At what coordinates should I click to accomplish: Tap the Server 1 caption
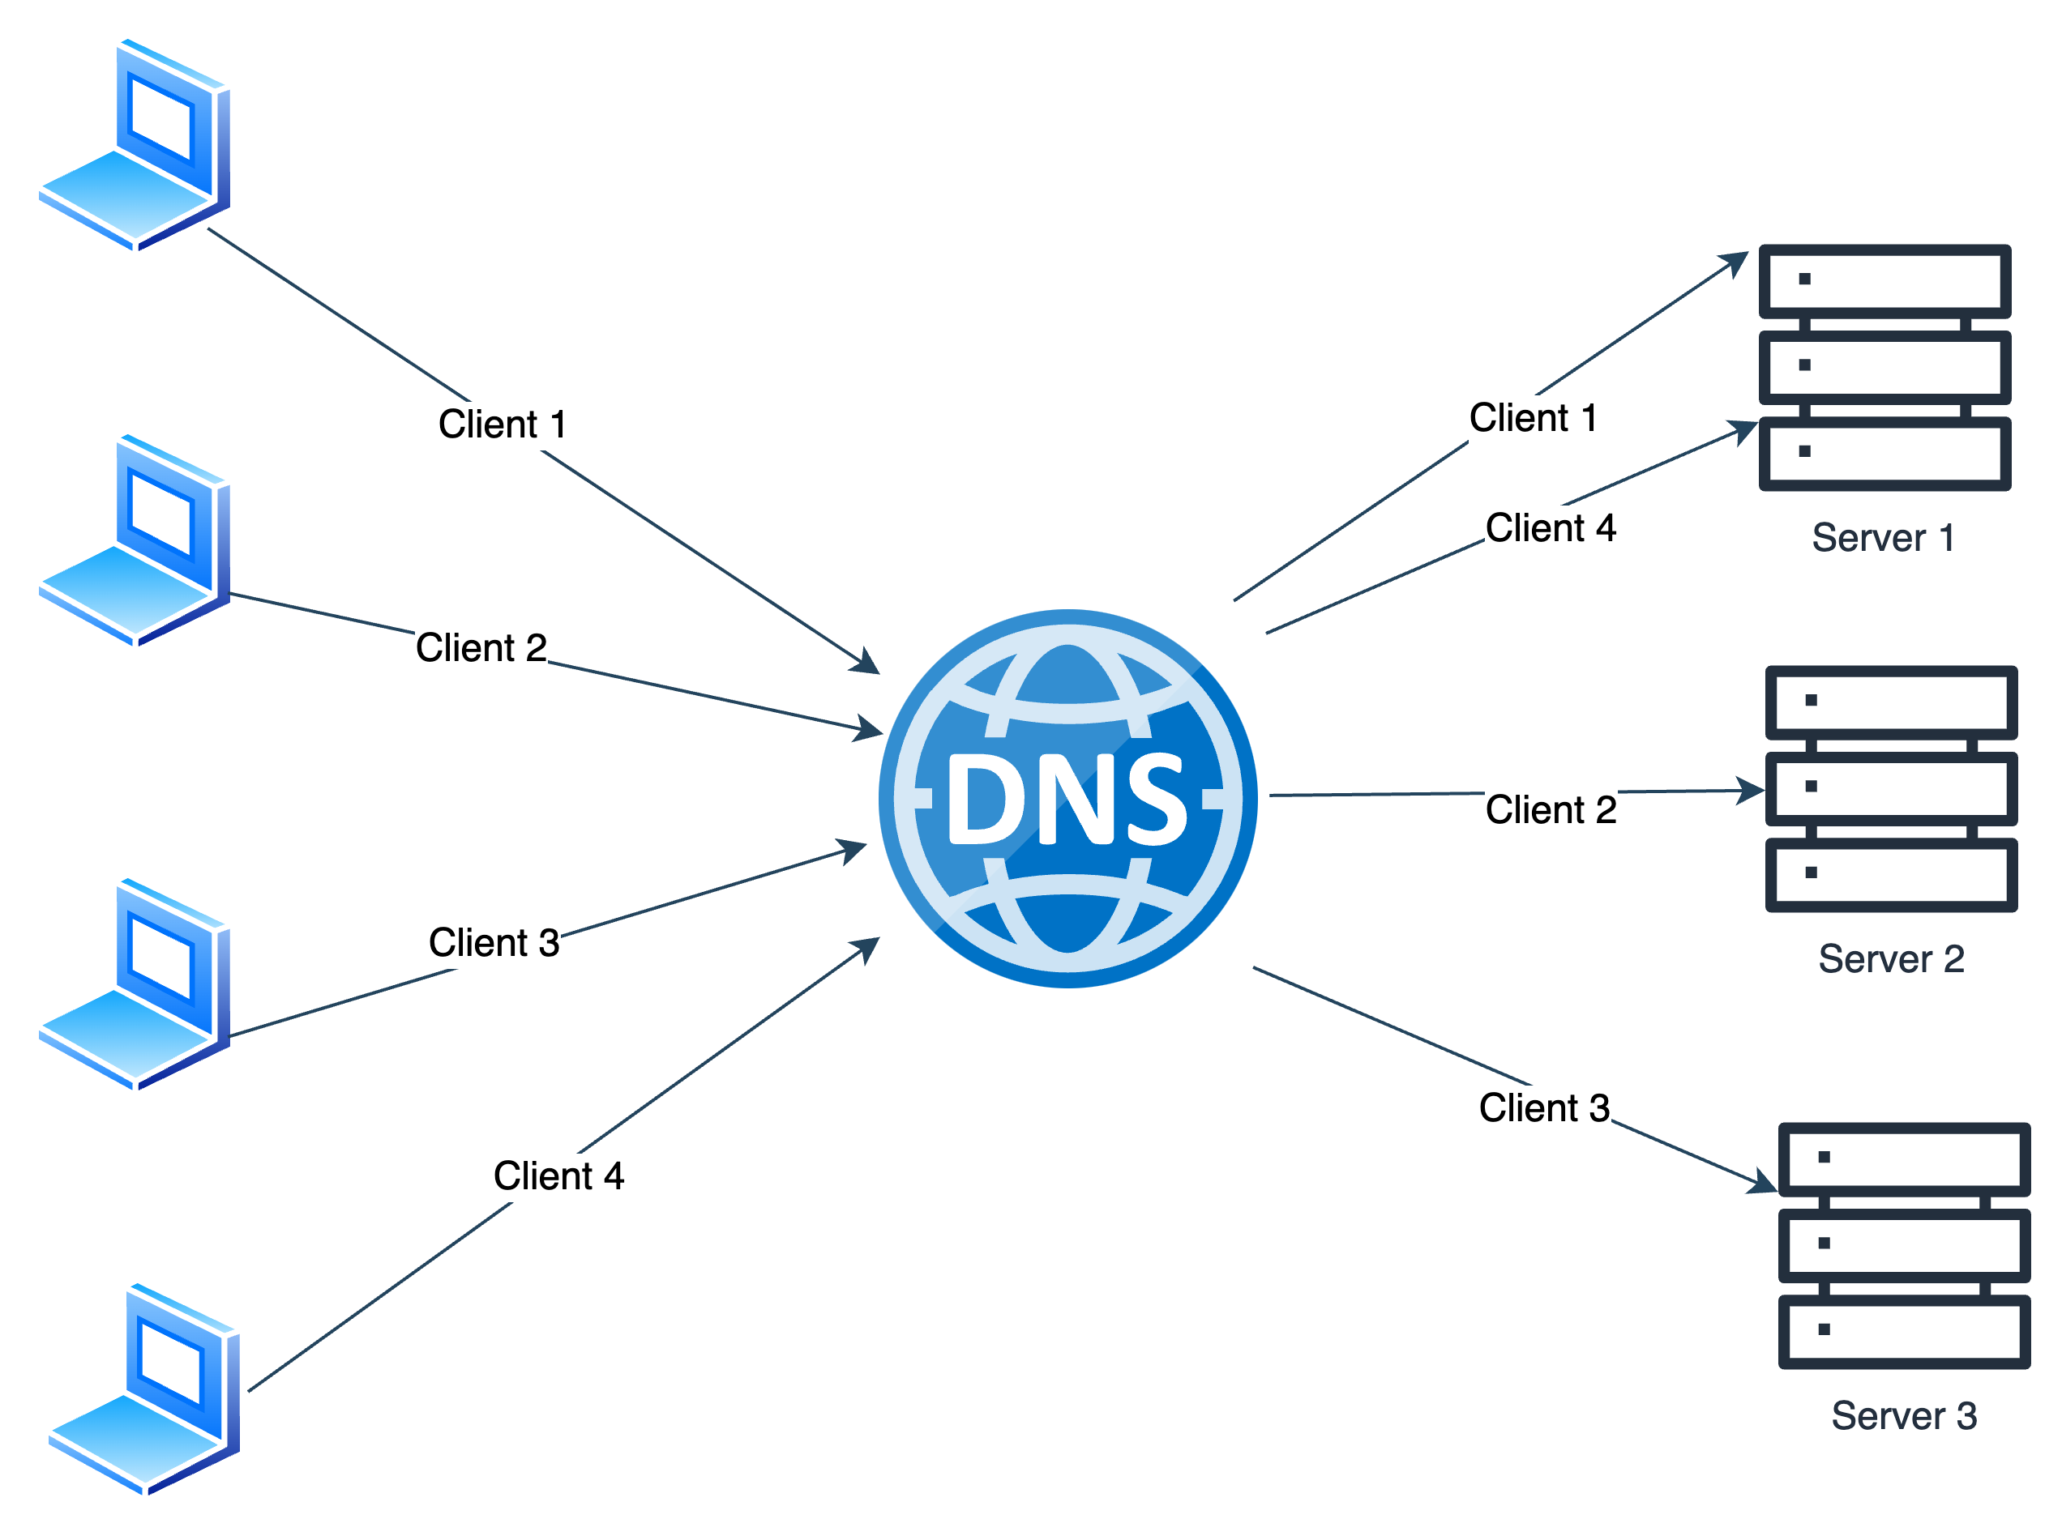[1883, 537]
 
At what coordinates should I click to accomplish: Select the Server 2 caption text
[1891, 958]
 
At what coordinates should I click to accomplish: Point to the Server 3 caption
[1903, 1416]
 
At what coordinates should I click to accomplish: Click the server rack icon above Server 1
[1884, 367]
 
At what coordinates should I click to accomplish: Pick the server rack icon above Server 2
[1891, 788]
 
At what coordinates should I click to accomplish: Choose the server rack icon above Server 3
[1904, 1245]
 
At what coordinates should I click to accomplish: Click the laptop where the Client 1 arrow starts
[134, 144]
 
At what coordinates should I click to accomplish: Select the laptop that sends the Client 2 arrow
[134, 540]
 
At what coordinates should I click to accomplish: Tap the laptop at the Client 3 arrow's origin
[134, 983]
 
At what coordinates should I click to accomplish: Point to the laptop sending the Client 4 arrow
[144, 1389]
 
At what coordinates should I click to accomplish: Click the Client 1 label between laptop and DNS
[503, 424]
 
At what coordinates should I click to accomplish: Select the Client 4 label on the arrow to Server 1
[1551, 528]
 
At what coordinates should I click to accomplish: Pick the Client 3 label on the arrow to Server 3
[1544, 1107]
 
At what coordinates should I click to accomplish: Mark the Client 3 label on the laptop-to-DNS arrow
[494, 943]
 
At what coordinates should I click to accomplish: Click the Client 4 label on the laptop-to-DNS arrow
[558, 1176]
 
